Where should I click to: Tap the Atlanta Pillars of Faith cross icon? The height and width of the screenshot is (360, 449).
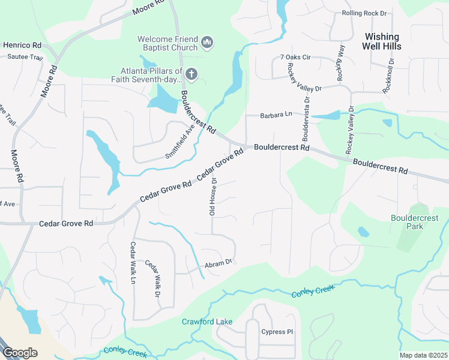(191, 74)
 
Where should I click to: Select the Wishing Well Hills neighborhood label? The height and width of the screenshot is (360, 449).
(382, 41)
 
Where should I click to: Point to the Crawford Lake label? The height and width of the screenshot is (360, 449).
(207, 322)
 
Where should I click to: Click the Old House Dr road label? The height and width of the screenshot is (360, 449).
(212, 196)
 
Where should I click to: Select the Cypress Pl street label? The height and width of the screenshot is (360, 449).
(277, 331)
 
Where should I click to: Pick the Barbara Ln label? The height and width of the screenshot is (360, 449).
(276, 115)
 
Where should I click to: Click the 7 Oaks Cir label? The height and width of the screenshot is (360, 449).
(295, 58)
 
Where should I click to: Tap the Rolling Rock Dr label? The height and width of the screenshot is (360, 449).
(365, 13)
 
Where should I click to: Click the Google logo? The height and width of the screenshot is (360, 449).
(20, 353)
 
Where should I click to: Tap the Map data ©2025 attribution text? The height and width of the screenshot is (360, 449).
(423, 355)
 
